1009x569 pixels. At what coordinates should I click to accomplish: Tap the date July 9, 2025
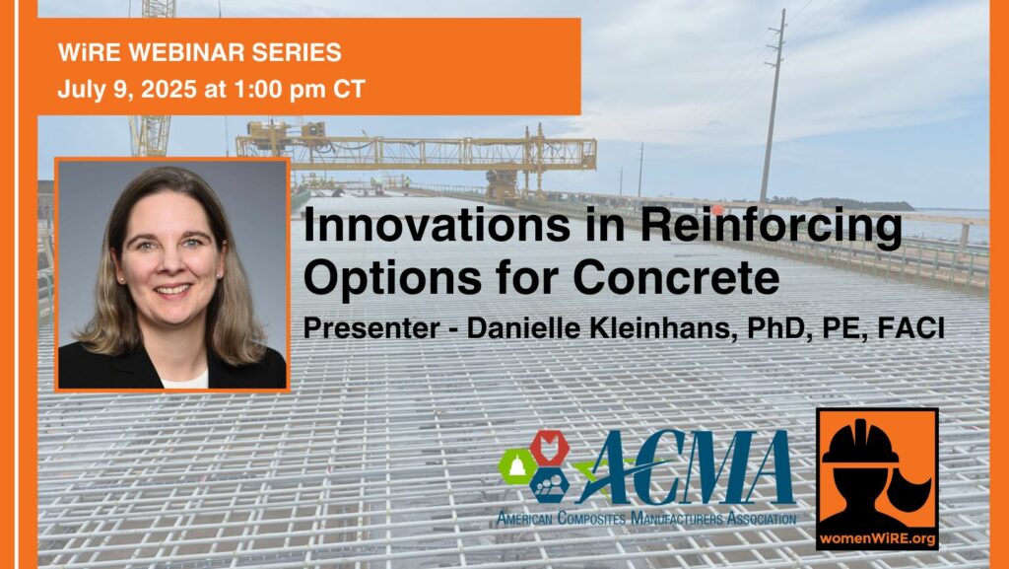point(127,89)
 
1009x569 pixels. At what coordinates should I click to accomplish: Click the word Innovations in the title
point(437,225)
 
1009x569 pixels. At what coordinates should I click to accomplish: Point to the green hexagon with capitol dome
point(516,466)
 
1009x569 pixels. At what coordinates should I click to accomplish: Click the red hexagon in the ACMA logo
point(549,448)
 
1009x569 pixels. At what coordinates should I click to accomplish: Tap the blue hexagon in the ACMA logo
point(549,484)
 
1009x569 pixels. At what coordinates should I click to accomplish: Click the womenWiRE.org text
point(877,538)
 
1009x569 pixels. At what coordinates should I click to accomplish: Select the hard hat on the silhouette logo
point(860,442)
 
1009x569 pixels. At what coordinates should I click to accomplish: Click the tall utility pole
point(774,107)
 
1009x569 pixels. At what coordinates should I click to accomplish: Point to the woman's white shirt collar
point(184,380)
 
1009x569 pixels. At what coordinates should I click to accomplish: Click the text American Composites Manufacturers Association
point(646,518)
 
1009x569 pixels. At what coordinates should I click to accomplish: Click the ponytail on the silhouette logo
point(913,490)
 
